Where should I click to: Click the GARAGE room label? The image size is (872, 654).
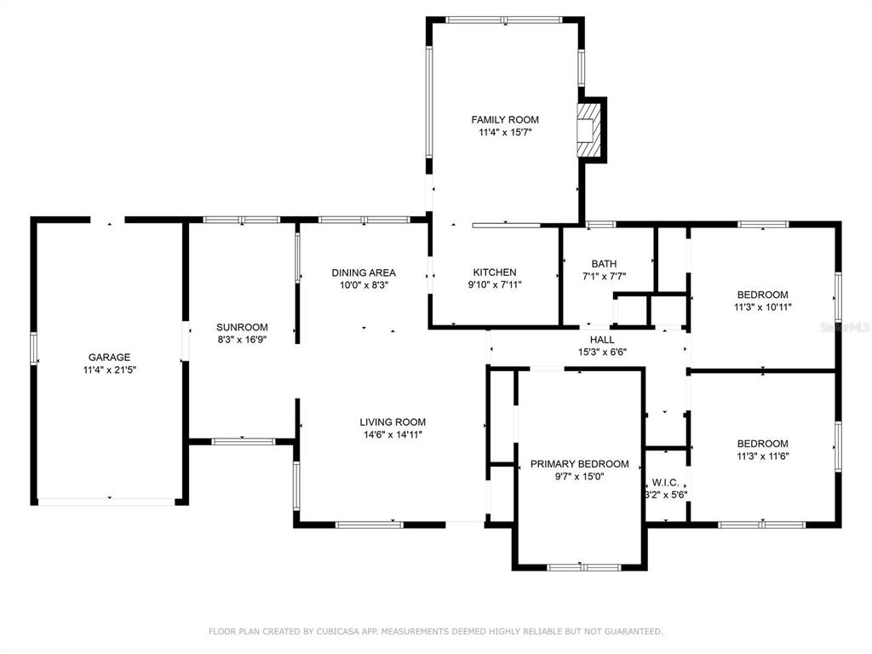110,357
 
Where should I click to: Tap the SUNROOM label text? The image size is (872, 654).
242,327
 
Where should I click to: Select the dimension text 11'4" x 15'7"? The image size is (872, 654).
505,132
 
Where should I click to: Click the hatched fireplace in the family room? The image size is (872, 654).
587,130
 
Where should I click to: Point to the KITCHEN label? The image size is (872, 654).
495,272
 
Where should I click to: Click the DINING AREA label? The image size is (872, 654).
364,272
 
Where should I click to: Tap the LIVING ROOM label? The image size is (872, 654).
393,422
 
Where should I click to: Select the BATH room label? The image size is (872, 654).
604,264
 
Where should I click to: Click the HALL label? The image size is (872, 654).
602,339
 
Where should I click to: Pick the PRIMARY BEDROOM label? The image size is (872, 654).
579,464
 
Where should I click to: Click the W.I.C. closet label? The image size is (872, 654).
665,483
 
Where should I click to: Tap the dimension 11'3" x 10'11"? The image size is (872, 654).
763,307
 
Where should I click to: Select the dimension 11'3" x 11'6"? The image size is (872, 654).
763,456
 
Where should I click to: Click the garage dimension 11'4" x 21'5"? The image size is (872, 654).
110,370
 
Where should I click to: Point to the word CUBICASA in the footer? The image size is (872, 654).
337,631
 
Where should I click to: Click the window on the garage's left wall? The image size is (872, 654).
34,348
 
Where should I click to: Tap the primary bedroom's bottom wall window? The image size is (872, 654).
583,567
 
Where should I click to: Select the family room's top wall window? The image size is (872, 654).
504,20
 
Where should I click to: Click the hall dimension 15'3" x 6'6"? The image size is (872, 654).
602,352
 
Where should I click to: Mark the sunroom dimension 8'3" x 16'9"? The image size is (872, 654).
242,340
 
